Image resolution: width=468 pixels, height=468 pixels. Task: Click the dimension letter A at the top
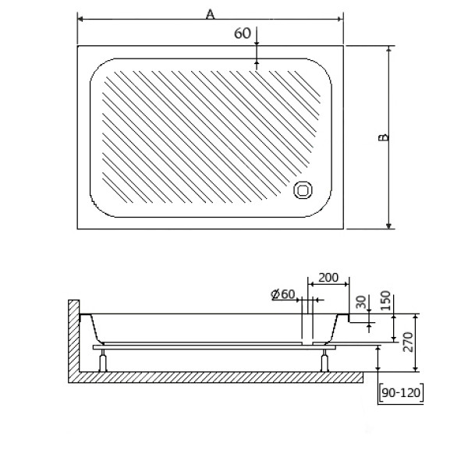[x=210, y=12]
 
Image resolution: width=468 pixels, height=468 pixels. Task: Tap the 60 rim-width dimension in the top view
[x=242, y=33]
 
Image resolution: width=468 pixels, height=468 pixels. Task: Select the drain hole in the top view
[x=303, y=190]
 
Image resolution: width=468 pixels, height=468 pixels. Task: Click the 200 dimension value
[x=328, y=278]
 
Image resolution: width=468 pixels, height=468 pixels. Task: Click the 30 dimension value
[x=360, y=301]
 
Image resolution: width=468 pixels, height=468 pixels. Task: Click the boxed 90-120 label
[x=401, y=394]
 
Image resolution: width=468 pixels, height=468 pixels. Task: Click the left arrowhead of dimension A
[x=80, y=19]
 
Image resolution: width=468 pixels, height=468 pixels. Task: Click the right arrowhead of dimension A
[x=341, y=19]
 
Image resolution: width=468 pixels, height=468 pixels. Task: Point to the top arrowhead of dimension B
[x=388, y=48]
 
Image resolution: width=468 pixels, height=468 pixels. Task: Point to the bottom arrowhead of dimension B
[x=388, y=225]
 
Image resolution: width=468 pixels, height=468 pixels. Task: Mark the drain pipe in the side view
[x=307, y=324]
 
